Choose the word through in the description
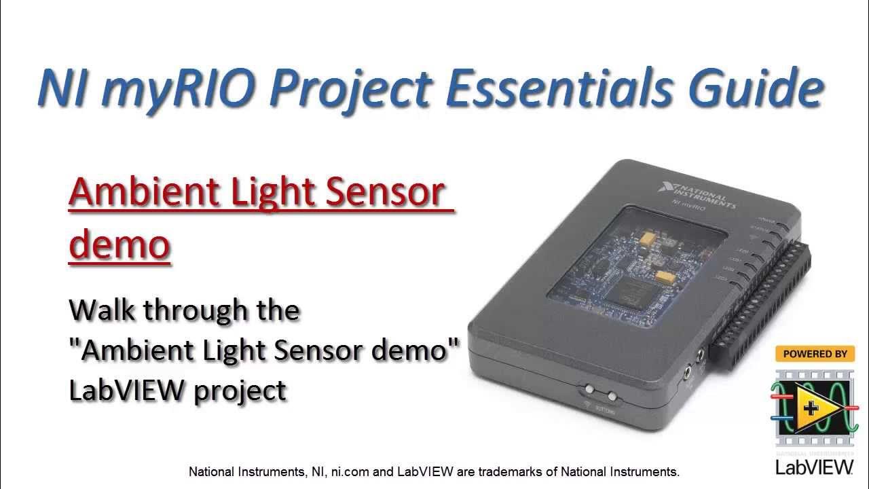(x=197, y=310)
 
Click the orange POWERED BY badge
(x=814, y=354)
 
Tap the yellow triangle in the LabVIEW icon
(x=814, y=408)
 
